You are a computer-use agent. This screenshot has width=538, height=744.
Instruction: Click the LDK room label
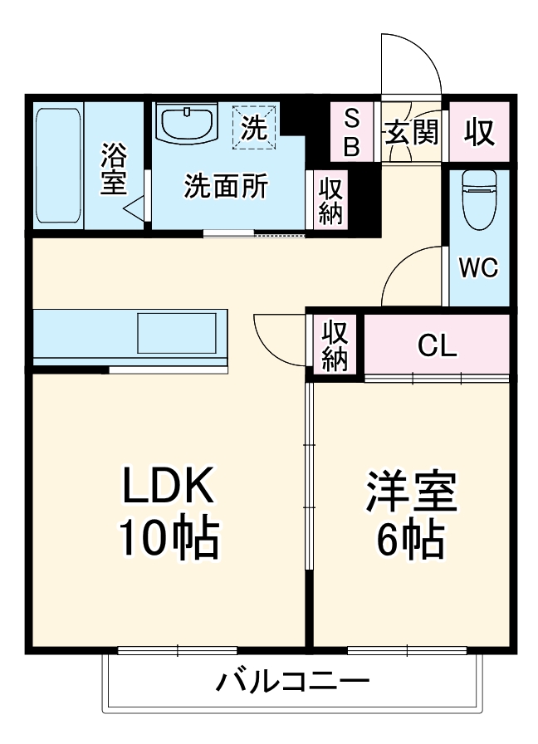coord(169,487)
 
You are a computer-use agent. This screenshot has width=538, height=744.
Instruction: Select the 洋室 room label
coord(412,492)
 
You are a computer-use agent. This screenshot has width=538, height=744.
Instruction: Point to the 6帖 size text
coord(410,541)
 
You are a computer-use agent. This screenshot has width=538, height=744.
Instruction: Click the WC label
coord(478,267)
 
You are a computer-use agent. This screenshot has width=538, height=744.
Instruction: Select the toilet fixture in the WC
coord(478,199)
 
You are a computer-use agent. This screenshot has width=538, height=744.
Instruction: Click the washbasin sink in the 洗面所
coord(187,125)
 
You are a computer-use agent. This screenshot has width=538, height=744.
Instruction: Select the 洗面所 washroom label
coord(226,186)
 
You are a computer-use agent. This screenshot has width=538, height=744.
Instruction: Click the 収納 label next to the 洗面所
coord(330,200)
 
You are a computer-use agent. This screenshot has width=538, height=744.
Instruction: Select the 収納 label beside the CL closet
coord(335,345)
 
